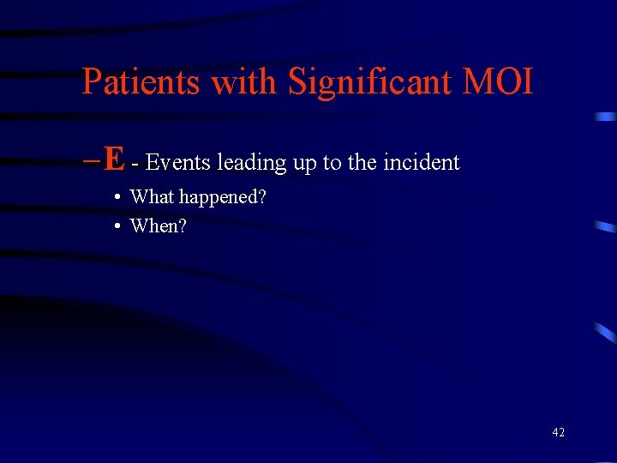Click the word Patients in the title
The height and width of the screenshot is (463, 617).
tap(141, 82)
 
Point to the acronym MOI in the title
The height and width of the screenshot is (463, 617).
tap(499, 82)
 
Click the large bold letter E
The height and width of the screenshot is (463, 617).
tap(114, 159)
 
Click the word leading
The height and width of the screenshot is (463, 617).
tap(252, 163)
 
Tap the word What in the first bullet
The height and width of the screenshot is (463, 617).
tap(152, 196)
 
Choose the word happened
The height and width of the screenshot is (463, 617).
tap(219, 198)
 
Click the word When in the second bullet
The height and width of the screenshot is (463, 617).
tap(154, 225)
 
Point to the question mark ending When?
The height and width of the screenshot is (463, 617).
tap(183, 225)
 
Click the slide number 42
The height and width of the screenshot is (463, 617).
tap(558, 432)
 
